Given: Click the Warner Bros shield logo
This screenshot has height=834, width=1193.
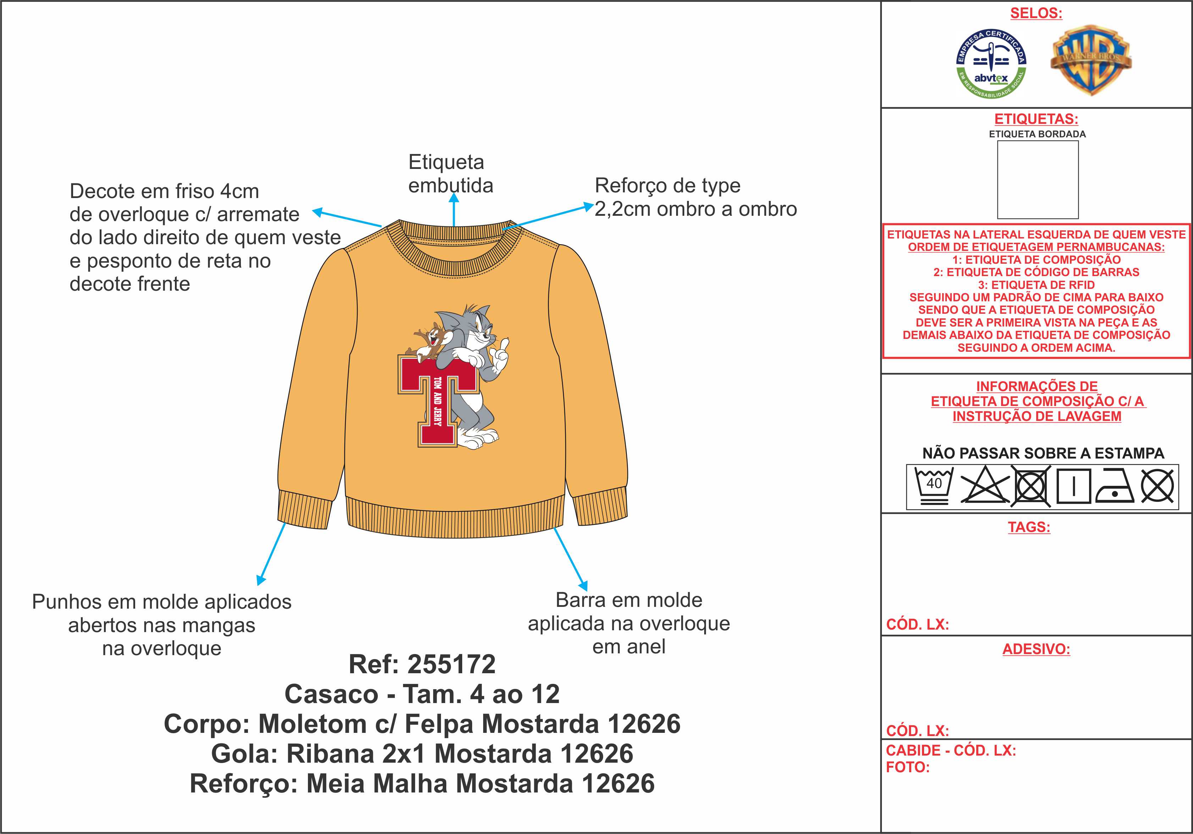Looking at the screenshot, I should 1090,60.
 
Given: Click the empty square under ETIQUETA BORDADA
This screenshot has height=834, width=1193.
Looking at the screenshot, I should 1038,179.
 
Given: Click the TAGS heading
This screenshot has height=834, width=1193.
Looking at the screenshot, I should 1029,527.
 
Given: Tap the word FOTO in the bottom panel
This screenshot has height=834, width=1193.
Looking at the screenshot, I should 907,767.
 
